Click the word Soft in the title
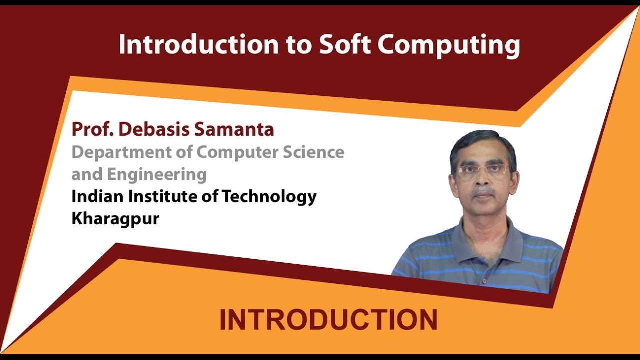[345, 45]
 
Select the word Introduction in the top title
[198, 45]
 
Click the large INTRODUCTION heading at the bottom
[328, 320]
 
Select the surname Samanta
[234, 129]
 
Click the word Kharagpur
[115, 219]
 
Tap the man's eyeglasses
[482, 172]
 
